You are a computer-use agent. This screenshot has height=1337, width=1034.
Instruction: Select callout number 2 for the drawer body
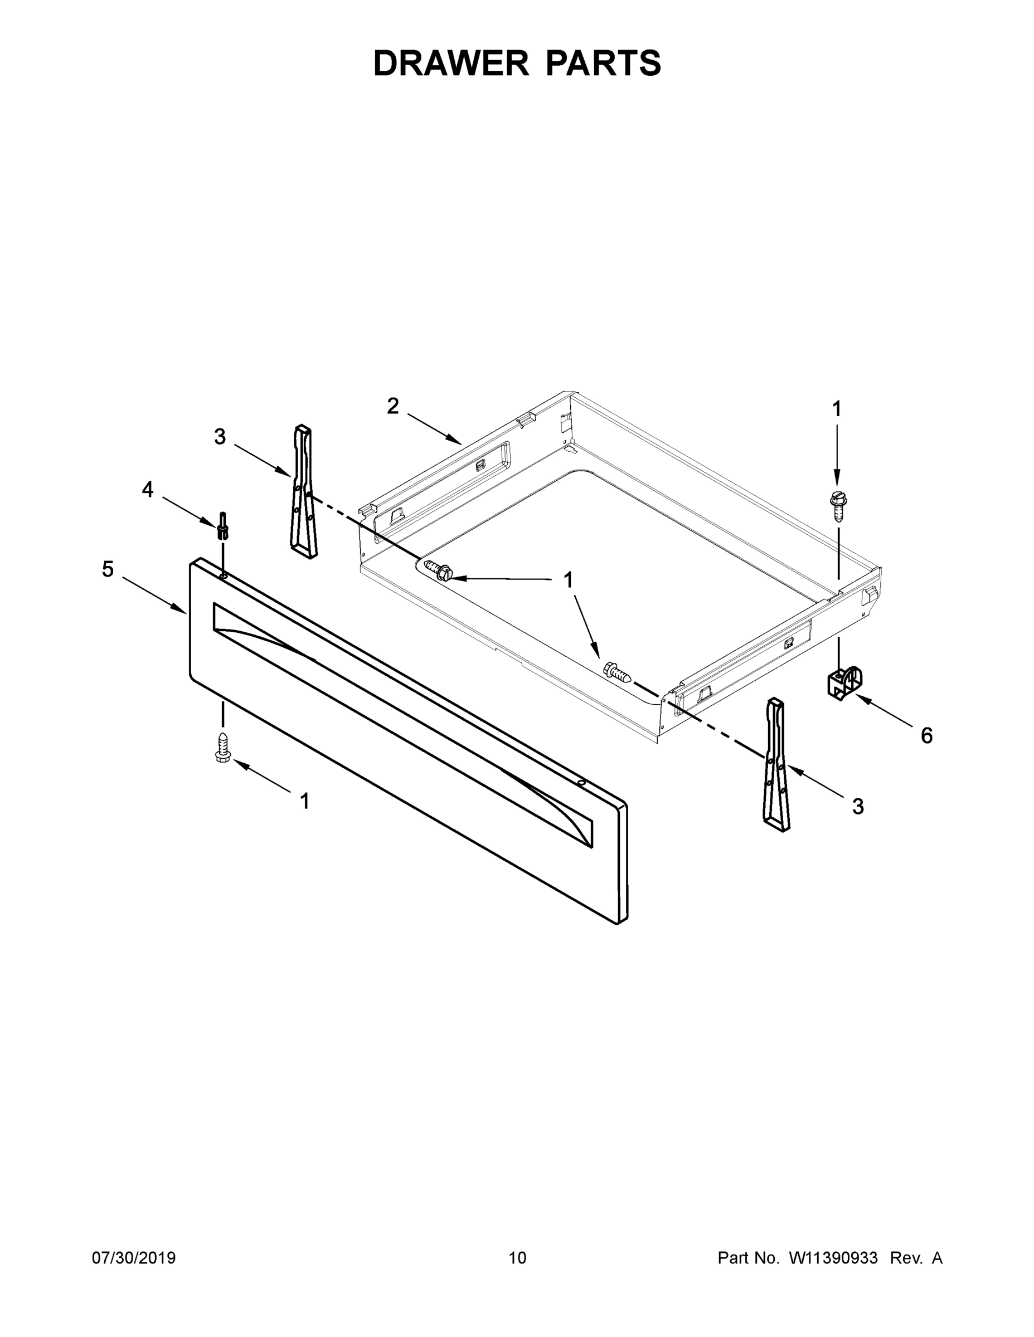point(392,406)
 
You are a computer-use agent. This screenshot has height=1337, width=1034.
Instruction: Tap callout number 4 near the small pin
point(148,489)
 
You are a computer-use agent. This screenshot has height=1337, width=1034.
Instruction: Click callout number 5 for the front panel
point(108,569)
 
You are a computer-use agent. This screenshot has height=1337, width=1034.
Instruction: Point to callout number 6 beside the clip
point(926,735)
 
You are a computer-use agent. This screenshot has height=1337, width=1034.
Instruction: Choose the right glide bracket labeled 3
point(776,765)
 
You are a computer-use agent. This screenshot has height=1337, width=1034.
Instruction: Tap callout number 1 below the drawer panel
point(304,801)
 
